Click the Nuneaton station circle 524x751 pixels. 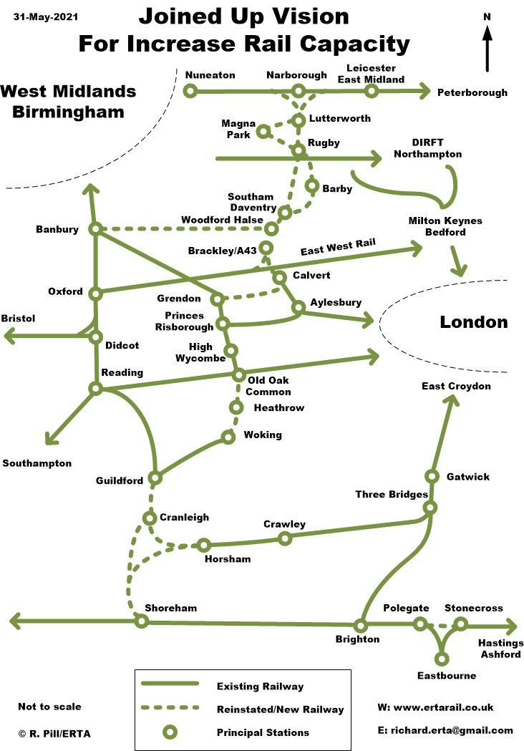(190, 91)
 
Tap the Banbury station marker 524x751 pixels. (95, 229)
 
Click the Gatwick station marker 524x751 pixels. (432, 476)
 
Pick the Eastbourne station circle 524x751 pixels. (442, 658)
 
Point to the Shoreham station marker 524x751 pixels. (142, 621)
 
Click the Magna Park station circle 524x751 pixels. (263, 131)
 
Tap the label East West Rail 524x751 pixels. (338, 248)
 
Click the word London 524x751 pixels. (473, 322)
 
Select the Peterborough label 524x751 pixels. (472, 92)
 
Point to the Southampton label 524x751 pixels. (37, 463)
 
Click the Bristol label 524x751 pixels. (18, 318)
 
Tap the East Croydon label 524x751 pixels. (456, 387)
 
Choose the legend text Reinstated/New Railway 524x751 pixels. (280, 709)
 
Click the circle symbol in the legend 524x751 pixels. (170, 732)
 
